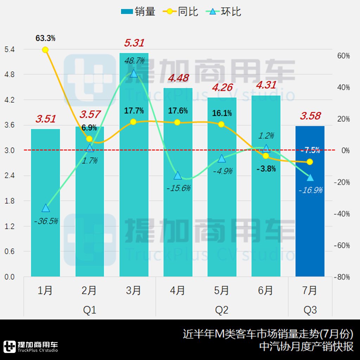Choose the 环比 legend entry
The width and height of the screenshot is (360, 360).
(225, 12)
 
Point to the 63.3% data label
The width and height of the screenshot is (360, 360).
(45, 38)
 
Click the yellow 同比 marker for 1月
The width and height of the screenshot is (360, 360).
(45, 50)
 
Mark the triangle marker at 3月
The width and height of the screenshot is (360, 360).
(134, 73)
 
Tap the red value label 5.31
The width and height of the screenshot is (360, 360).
(134, 43)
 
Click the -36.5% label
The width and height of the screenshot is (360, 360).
(46, 221)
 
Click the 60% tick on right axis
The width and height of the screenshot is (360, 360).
(342, 56)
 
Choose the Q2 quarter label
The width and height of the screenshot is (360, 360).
(221, 310)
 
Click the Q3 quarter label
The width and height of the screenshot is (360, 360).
(310, 310)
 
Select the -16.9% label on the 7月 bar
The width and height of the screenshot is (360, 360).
(310, 190)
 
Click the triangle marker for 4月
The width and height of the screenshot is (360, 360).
(178, 175)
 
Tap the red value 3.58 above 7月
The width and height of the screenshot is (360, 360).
(310, 116)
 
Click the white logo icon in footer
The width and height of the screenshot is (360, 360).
(9, 346)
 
